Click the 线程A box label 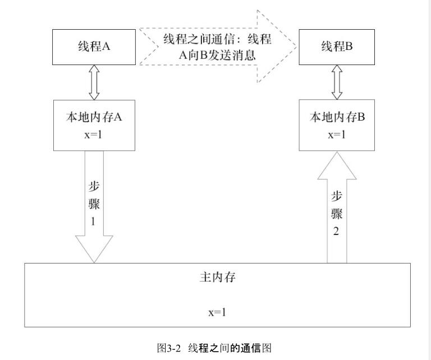[94, 46]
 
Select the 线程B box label [337, 46]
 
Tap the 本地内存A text [94, 117]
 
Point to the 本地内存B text [337, 117]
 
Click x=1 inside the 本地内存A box [93, 135]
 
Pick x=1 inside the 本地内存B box [337, 135]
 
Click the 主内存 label [217, 277]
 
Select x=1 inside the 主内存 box [217, 312]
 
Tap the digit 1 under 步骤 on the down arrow [93, 221]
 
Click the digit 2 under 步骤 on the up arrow [336, 232]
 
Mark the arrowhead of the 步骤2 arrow [337, 165]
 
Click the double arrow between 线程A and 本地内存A [94, 82]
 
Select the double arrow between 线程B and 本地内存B [337, 82]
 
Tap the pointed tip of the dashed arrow [297, 47]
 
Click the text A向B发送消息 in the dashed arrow [217, 55]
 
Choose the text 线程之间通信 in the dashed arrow [199, 39]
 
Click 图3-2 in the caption [169, 348]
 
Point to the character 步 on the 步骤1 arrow [94, 187]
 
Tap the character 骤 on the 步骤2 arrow [337, 214]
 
